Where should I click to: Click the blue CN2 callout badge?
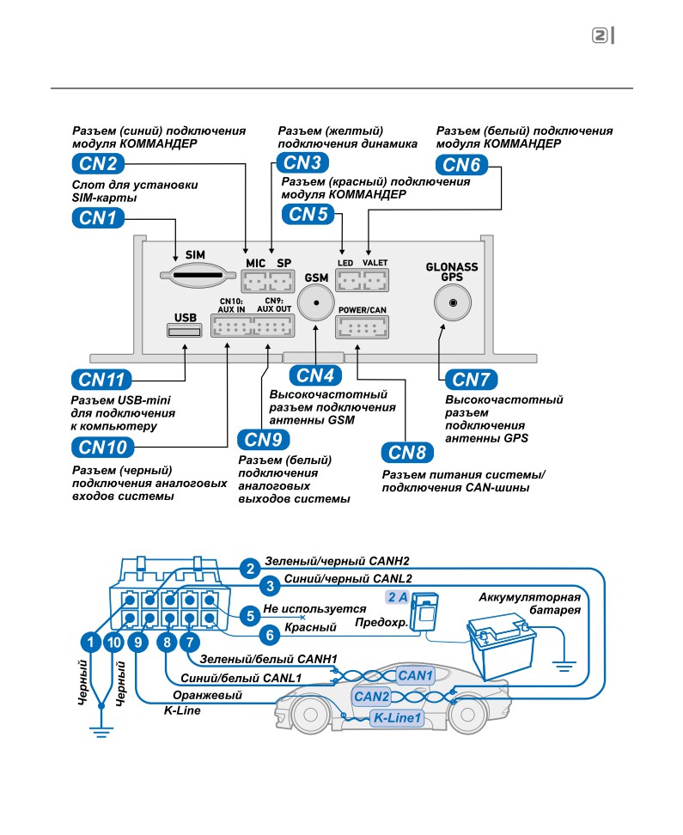pyautogui.click(x=98, y=163)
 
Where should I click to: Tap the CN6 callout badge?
pyautogui.click(x=462, y=165)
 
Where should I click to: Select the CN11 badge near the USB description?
pyautogui.click(x=101, y=380)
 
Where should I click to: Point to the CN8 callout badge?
pyautogui.click(x=407, y=453)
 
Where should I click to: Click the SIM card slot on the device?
pyautogui.click(x=198, y=275)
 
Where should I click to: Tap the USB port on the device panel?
pyautogui.click(x=185, y=331)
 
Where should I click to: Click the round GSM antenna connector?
pyautogui.click(x=316, y=302)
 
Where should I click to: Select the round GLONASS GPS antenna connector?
pyautogui.click(x=453, y=302)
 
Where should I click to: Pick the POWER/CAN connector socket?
pyautogui.click(x=363, y=327)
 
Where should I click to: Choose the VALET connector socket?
pyautogui.click(x=375, y=280)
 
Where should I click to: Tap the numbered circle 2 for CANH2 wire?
pyautogui.click(x=250, y=569)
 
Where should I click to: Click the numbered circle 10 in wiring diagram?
pyautogui.click(x=114, y=643)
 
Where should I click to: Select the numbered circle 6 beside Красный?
pyautogui.click(x=270, y=635)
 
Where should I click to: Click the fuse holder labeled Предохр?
pyautogui.click(x=427, y=612)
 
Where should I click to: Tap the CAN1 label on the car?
pyautogui.click(x=416, y=675)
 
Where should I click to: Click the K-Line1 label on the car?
pyautogui.click(x=398, y=718)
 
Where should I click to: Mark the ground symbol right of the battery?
pyautogui.click(x=564, y=666)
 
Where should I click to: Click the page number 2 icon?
pyautogui.click(x=600, y=36)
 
